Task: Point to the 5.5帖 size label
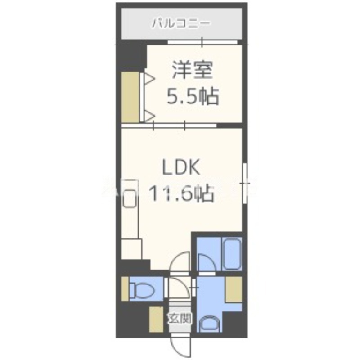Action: [x=193, y=95]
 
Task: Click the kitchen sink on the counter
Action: [x=131, y=198]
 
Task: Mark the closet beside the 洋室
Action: [x=130, y=97]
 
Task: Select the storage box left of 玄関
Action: [x=156, y=319]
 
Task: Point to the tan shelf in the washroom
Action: [x=233, y=290]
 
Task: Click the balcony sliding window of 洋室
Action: [x=202, y=42]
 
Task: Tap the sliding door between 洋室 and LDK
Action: [x=170, y=126]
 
